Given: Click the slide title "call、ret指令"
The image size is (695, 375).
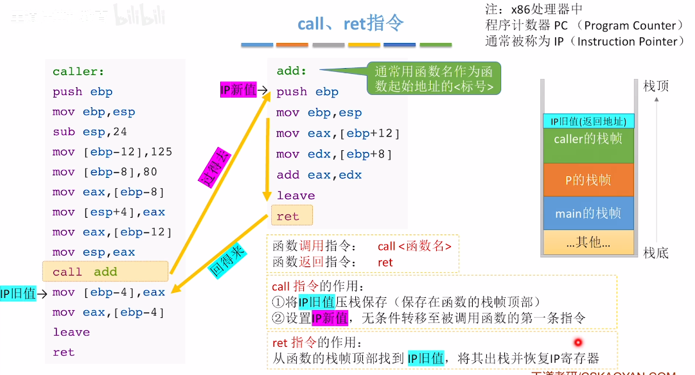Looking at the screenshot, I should (x=351, y=24).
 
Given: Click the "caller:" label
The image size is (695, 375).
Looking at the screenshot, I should (x=78, y=72).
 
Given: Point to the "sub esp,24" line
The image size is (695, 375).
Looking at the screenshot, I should (x=90, y=132).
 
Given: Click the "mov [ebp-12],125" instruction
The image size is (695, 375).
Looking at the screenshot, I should (x=112, y=152).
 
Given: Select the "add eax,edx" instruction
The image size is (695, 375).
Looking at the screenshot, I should (x=319, y=175).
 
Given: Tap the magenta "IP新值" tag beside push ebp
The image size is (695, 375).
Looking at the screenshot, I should (x=238, y=91).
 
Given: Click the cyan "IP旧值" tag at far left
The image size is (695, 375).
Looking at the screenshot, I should (x=18, y=294).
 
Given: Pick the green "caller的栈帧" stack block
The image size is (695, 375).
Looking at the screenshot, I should (x=587, y=138).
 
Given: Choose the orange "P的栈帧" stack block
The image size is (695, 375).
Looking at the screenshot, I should (x=587, y=180).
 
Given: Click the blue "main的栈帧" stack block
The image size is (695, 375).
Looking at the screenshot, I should (x=587, y=213).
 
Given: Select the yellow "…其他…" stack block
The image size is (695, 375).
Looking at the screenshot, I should (x=587, y=243).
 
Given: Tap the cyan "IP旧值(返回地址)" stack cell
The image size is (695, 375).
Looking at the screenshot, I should (x=587, y=121).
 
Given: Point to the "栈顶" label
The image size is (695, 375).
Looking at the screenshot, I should (x=656, y=86).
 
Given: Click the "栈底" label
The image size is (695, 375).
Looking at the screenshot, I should (x=656, y=253).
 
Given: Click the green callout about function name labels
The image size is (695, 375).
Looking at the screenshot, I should (x=434, y=78).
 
